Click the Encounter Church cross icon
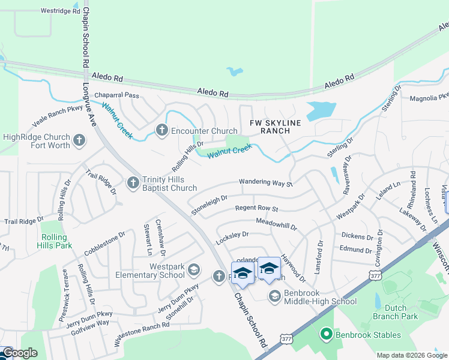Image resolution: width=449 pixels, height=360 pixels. (161, 130)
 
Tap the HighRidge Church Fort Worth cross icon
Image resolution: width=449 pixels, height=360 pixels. (79, 142)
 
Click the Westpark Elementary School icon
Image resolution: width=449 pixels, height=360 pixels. (193, 270)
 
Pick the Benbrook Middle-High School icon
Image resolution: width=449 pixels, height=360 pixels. (274, 295)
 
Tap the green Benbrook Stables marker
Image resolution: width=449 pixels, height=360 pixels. (327, 333)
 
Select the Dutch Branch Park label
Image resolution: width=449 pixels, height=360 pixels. (400, 312)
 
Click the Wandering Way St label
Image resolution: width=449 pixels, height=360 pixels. (265, 182)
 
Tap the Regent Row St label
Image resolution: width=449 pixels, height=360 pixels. (256, 209)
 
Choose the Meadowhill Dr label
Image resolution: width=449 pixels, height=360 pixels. (277, 226)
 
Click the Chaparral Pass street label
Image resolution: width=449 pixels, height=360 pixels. (116, 95)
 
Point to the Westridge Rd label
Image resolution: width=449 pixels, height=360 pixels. (59, 11)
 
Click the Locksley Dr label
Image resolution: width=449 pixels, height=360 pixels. (232, 238)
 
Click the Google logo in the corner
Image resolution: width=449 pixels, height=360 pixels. (19, 353)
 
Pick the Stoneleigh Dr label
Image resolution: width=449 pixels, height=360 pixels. (209, 203)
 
